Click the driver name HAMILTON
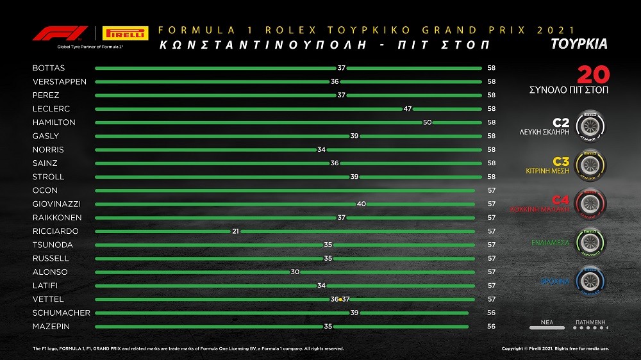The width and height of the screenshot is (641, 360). coord(54,122)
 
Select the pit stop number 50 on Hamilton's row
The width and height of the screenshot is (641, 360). coord(427,122)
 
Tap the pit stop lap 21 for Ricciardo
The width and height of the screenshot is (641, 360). coord(235,231)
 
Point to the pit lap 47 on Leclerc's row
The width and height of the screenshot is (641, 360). coord(407,109)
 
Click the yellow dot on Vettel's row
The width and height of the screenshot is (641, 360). coord(340,299)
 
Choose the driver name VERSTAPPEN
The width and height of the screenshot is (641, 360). coord(59,82)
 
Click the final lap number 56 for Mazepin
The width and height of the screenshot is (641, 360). coord(492,327)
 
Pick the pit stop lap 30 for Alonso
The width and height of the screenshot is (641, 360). coord(295,272)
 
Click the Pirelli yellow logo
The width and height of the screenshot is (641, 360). coord(125,33)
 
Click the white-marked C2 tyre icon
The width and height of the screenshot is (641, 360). coord(590,125)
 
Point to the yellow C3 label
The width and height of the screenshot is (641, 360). coord(561,162)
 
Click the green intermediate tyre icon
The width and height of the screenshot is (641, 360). coord(590,242)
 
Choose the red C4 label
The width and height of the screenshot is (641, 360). coord(561,199)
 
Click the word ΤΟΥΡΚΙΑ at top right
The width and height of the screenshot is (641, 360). coord(579,45)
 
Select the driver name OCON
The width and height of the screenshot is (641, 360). coord(45,190)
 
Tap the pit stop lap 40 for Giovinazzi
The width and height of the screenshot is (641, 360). coord(361,204)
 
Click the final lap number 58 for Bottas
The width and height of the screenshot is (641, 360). coord(492,68)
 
